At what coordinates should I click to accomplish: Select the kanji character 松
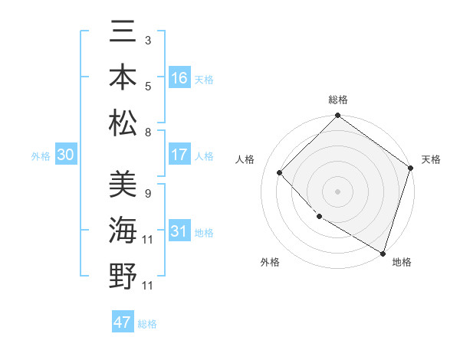[x=123, y=123]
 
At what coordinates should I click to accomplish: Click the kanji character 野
[x=123, y=276]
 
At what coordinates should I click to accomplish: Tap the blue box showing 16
[x=179, y=77]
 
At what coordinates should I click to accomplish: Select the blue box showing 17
[x=179, y=155]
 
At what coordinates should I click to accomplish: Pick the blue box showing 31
[x=179, y=231]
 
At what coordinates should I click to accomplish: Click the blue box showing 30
[x=65, y=155]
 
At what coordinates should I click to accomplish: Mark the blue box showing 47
[x=123, y=322]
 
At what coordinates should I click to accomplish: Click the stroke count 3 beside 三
[x=147, y=39]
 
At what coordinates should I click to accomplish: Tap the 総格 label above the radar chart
[x=338, y=100]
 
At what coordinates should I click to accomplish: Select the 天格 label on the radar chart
[x=431, y=159]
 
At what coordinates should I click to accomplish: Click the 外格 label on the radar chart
[x=270, y=262]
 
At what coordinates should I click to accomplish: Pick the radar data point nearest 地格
[x=382, y=252]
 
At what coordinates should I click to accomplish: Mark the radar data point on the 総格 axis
[x=338, y=116]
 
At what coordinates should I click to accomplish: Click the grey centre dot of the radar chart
[x=338, y=191]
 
